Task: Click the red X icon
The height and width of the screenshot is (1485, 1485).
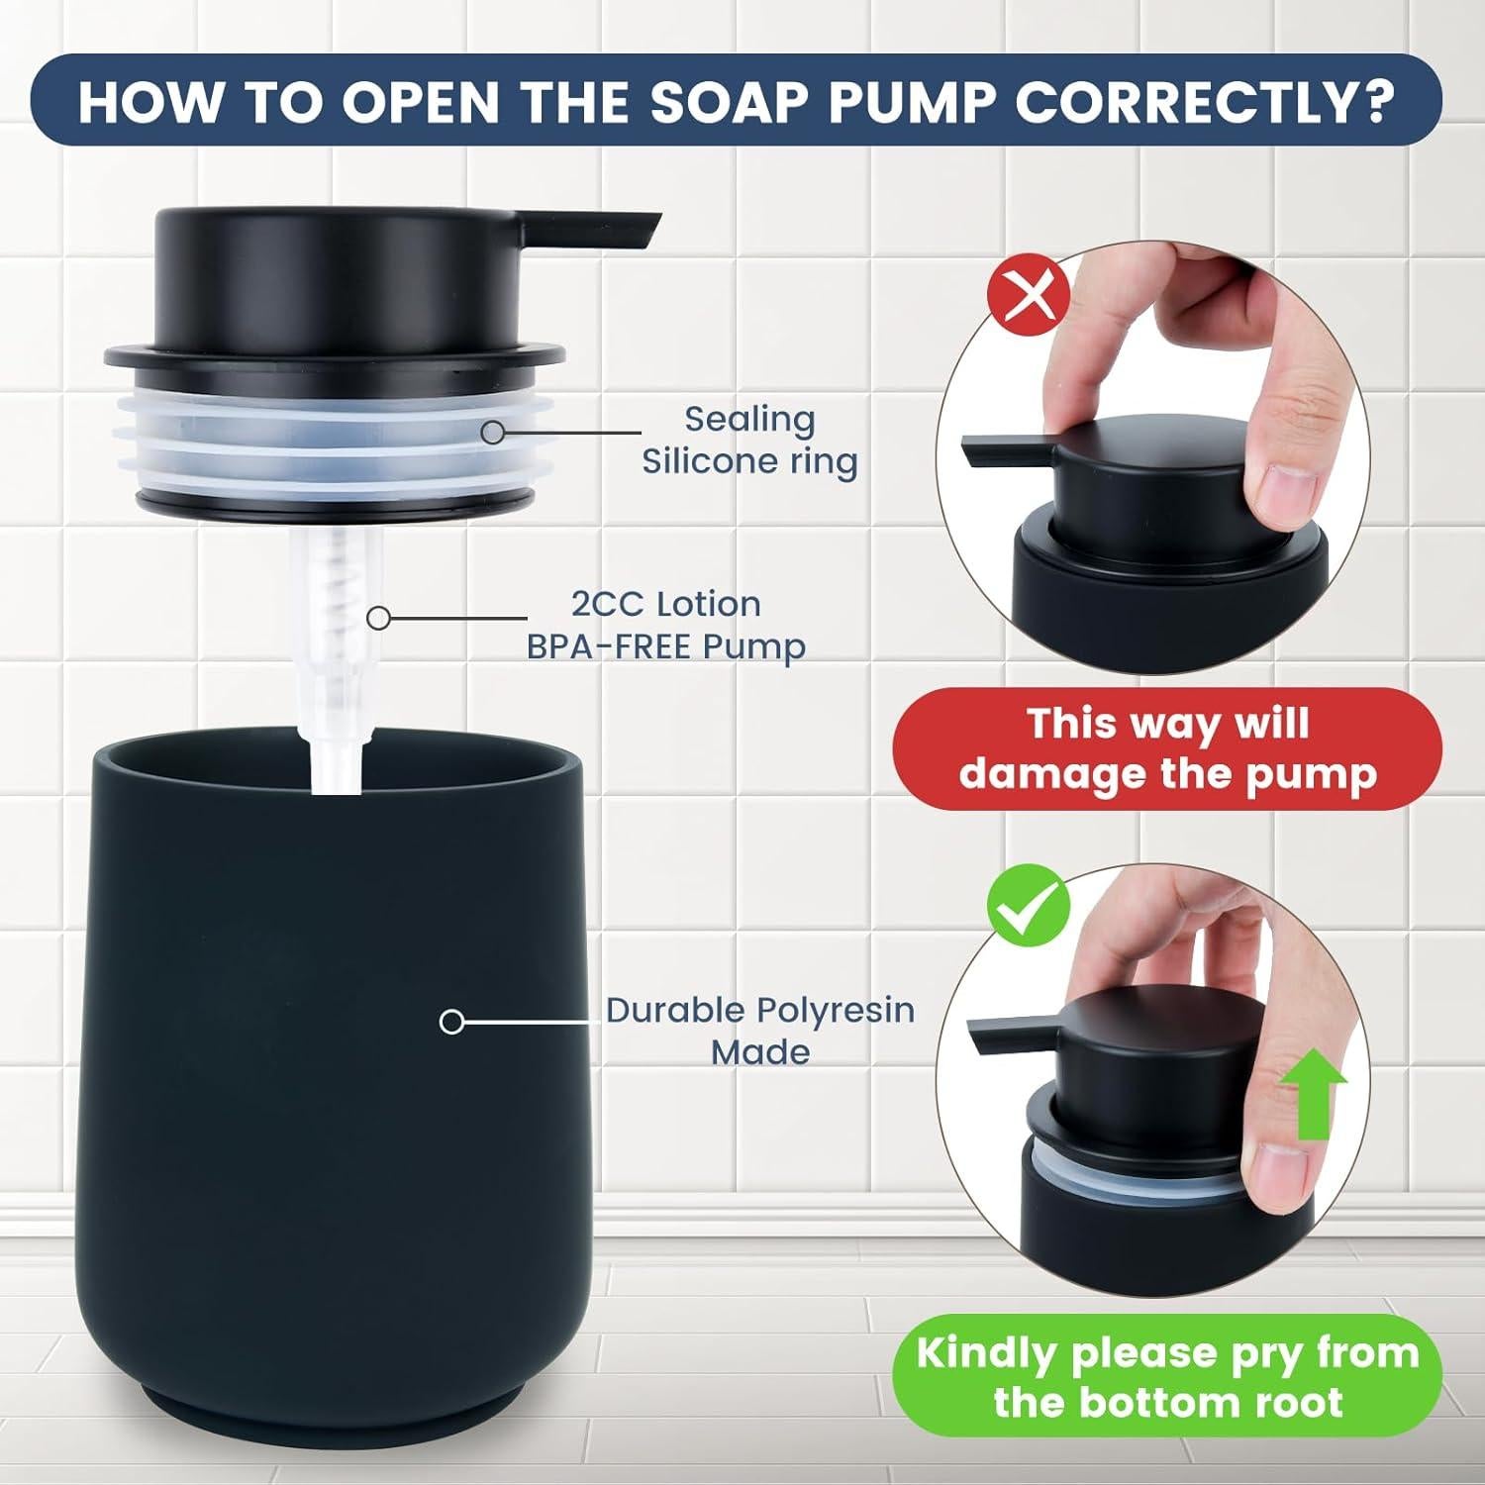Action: click(x=1029, y=295)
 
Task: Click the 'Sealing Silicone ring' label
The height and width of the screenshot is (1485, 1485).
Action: click(x=748, y=440)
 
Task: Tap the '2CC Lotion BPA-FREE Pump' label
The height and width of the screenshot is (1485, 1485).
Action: click(x=665, y=625)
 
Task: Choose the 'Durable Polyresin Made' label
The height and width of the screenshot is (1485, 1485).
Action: click(x=759, y=1030)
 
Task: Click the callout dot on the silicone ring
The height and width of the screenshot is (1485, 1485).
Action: click(x=492, y=432)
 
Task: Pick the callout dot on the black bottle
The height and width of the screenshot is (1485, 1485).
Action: click(x=451, y=1021)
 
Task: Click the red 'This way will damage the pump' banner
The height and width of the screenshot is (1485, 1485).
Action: click(x=1167, y=748)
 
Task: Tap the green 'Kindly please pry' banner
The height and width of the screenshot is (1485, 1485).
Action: click(x=1167, y=1376)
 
